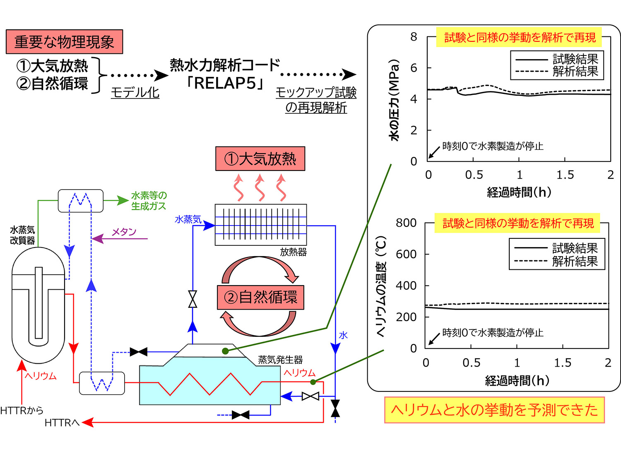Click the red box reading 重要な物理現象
(x=64, y=42)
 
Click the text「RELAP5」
(x=225, y=83)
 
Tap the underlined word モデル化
(x=135, y=92)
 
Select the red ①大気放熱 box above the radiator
(x=260, y=159)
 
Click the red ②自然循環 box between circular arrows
(x=260, y=298)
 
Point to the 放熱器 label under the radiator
(x=293, y=252)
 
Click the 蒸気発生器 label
(x=280, y=360)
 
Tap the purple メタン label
(x=124, y=232)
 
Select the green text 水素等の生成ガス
(x=149, y=201)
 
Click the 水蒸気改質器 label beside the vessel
(x=22, y=235)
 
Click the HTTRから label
(x=22, y=411)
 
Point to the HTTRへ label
(x=62, y=423)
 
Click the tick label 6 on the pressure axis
(x=414, y=68)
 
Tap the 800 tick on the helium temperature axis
(x=406, y=223)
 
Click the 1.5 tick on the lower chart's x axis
(x=562, y=363)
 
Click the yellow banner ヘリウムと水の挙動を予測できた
(x=494, y=410)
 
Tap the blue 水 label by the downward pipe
(x=343, y=335)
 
